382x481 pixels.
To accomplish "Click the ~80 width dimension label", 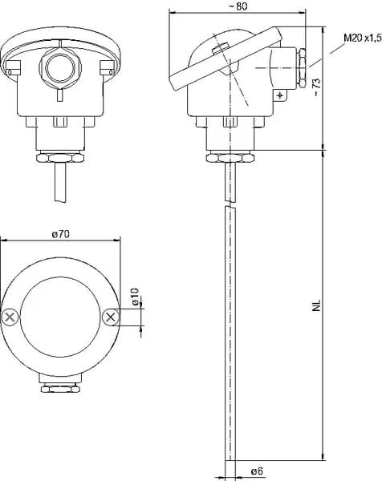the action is (x=238, y=6).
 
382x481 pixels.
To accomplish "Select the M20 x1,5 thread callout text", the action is (x=363, y=38).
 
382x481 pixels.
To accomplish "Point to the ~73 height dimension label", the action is (x=316, y=87).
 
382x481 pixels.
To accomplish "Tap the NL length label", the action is (x=316, y=305).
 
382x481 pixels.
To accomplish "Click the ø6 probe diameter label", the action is (x=257, y=471).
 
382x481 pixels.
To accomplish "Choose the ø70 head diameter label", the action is (x=61, y=234).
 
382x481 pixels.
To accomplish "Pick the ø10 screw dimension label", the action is (x=136, y=297).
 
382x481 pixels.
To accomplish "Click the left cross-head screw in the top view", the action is (x=10, y=317).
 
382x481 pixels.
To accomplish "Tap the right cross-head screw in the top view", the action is (x=111, y=317).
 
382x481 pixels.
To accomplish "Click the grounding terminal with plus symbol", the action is (x=280, y=95).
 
